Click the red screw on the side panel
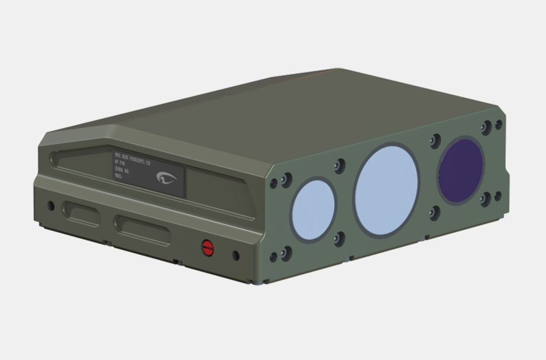coord(208,247)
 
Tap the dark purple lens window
coord(461,170)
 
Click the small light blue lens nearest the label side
coord(313,209)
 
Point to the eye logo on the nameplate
coord(166,178)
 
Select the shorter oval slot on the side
coord(81,214)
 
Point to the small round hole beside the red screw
coord(236,255)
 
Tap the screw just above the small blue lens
coord(340,166)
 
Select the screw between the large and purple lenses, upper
coord(435,140)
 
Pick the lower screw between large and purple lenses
coord(435,213)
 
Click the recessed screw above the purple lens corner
coord(486,127)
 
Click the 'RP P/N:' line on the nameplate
coord(121,165)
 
